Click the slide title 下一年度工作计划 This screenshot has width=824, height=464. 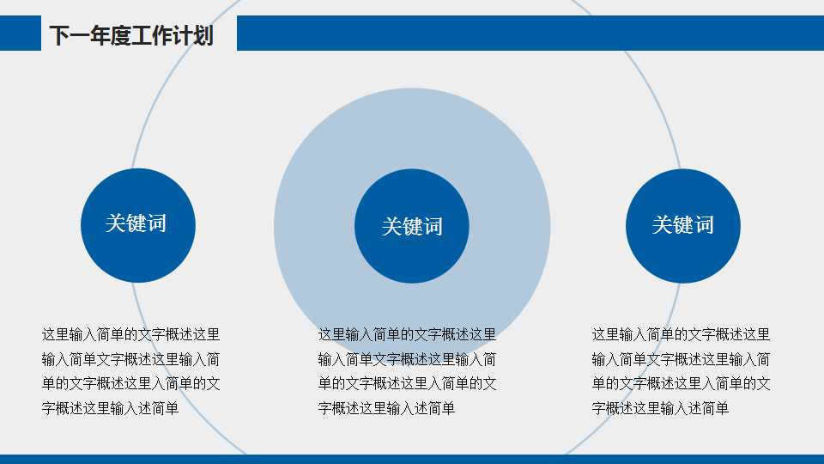(x=130, y=36)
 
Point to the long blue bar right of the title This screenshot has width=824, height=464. (x=530, y=34)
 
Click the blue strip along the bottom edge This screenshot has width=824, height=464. (x=412, y=459)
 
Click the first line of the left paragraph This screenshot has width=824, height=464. (x=130, y=334)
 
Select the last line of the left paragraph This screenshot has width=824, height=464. (x=110, y=409)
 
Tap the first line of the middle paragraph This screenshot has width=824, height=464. (x=407, y=334)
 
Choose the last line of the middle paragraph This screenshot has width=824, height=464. (x=386, y=409)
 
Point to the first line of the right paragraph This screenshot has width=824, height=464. (x=681, y=334)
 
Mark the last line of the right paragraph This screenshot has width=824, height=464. (x=660, y=409)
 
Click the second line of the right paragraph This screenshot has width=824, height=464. (x=681, y=359)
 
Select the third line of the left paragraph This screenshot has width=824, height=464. (x=130, y=384)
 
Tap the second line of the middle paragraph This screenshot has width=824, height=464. (x=407, y=359)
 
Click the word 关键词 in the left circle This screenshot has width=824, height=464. (x=136, y=223)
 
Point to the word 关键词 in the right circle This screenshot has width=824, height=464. (x=682, y=225)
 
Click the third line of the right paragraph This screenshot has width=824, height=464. (x=681, y=384)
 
